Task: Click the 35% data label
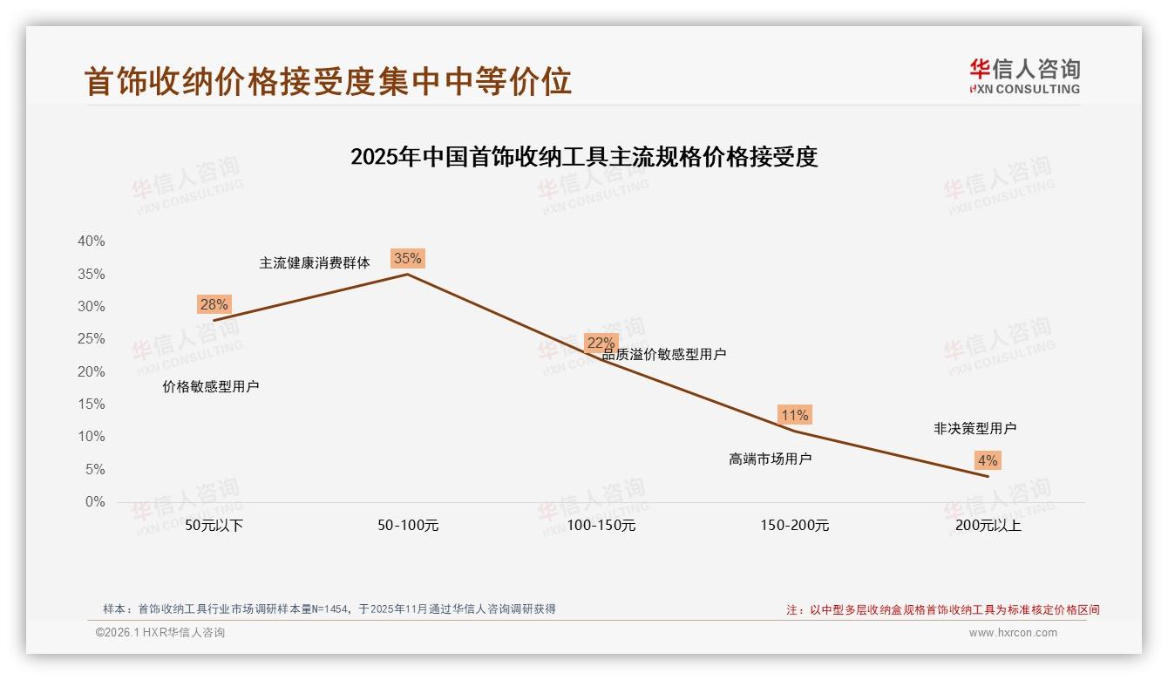[x=408, y=258]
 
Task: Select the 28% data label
[x=214, y=304]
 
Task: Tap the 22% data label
[x=601, y=343]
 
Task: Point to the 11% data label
[x=795, y=415]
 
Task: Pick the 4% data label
[x=988, y=460]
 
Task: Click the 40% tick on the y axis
[x=91, y=241]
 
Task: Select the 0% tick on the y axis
[x=94, y=502]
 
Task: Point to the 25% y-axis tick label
[x=91, y=339]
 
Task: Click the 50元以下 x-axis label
[x=214, y=526]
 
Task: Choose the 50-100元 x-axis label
[x=408, y=526]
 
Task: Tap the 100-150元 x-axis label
[x=601, y=526]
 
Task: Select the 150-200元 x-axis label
[x=795, y=526]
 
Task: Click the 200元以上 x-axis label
[x=988, y=526]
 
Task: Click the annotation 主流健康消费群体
[x=315, y=262]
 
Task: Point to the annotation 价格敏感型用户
[x=211, y=386]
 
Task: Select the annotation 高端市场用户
[x=771, y=459]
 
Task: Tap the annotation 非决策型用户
[x=974, y=428]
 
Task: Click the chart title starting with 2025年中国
[x=584, y=157]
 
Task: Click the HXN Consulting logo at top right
[x=1024, y=77]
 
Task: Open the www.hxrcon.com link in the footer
[x=1013, y=633]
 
